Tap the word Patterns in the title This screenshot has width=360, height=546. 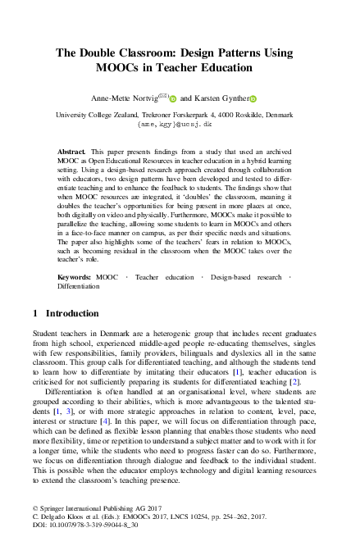pos(252,52)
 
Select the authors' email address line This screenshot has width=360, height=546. pos(180,126)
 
